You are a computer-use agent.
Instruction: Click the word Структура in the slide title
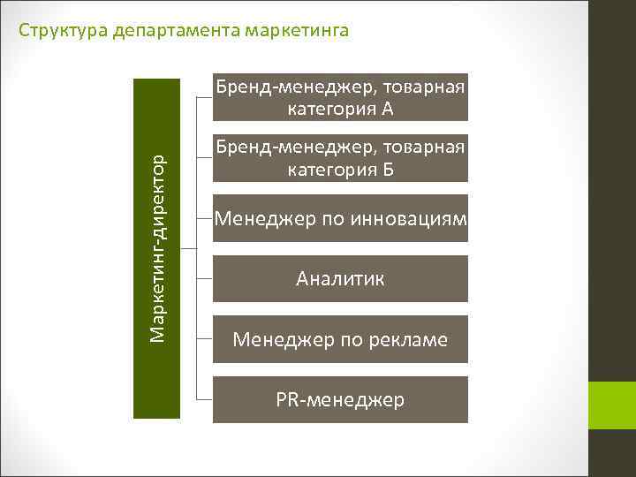click(58, 32)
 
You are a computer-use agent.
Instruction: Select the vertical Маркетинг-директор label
click(156, 248)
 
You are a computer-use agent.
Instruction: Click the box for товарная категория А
click(340, 97)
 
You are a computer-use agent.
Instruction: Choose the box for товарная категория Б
click(340, 157)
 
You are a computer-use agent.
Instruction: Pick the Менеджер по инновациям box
click(340, 218)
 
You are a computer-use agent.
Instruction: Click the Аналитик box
click(340, 279)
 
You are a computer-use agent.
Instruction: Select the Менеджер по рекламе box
click(340, 339)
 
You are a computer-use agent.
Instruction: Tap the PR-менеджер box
click(340, 400)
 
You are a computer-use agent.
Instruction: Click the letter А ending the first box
click(387, 110)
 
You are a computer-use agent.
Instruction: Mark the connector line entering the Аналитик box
click(203, 279)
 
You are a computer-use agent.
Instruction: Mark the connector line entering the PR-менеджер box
click(203, 400)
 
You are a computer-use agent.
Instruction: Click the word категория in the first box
click(330, 110)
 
